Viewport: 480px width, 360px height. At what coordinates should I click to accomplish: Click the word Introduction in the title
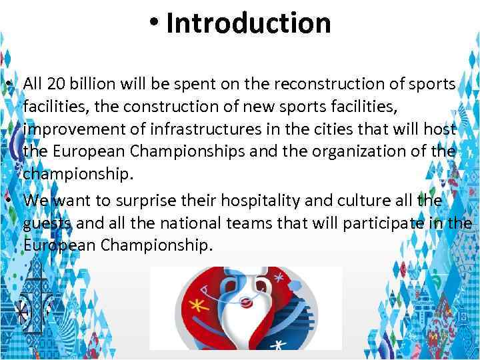tap(248, 23)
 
